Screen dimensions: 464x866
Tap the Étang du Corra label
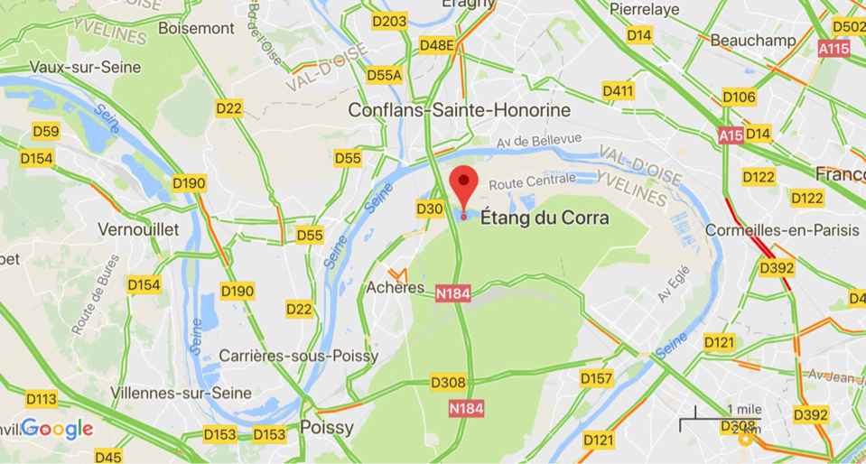[x=545, y=218]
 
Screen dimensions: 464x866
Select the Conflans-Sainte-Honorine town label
[x=461, y=110]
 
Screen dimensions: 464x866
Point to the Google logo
[x=58, y=429]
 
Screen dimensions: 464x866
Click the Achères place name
[x=396, y=287]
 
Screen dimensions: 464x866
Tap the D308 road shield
[x=448, y=383]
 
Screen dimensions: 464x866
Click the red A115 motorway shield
[x=833, y=49]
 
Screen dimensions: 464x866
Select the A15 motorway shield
[x=731, y=135]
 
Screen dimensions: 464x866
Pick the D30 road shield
[x=430, y=209]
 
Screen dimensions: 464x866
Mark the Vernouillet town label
[x=138, y=228]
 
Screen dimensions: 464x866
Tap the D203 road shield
[x=389, y=21]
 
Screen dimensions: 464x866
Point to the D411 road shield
[x=618, y=91]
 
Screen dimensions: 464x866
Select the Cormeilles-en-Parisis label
[x=782, y=230]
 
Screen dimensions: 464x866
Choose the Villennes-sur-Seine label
[x=168, y=393]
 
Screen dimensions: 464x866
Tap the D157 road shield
[x=597, y=377]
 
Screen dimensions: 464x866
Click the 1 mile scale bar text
[x=742, y=409]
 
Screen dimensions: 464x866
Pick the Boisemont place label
[x=196, y=28]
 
